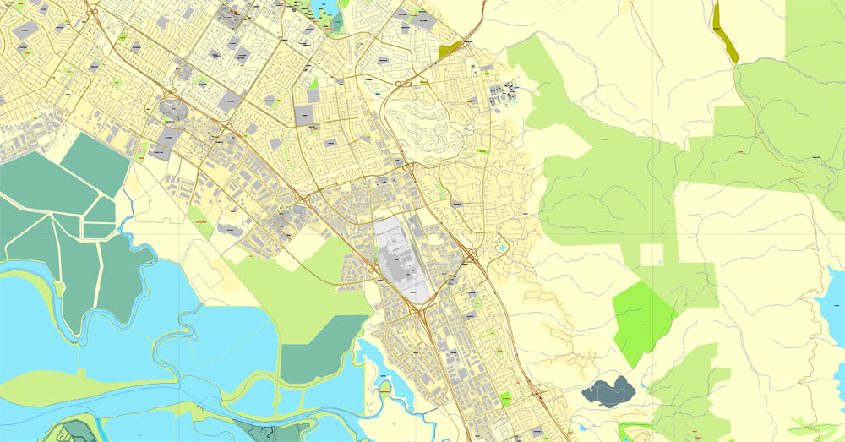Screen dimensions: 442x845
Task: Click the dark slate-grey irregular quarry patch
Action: point(608,391)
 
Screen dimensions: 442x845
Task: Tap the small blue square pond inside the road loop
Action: point(504,249)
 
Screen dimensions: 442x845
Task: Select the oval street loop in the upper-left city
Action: point(171,111)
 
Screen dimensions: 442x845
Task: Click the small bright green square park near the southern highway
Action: point(506,398)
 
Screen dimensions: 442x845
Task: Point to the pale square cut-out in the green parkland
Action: point(651,254)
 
